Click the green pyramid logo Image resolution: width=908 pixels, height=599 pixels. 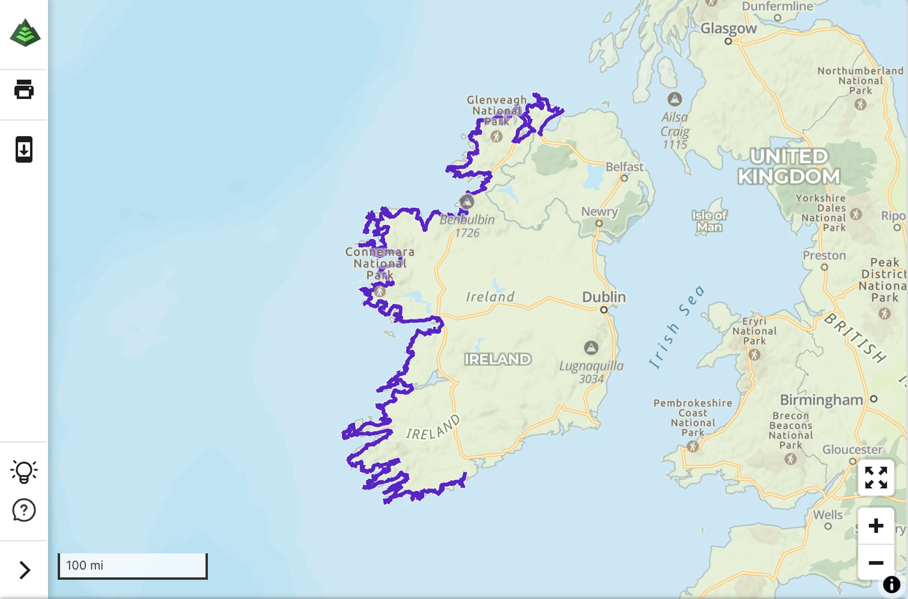point(25,33)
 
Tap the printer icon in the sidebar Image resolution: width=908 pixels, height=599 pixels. point(24,90)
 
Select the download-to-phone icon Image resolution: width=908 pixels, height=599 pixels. point(24,149)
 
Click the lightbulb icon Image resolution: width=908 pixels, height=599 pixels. point(24,471)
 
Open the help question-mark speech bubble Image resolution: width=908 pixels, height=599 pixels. point(24,510)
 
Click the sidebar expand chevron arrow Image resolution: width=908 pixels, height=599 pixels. point(25,570)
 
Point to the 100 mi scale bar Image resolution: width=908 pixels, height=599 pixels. point(132,566)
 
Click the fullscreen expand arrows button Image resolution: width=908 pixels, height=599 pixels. point(875,478)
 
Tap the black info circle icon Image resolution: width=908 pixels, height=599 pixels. point(891,585)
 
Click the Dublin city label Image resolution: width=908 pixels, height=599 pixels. point(604,297)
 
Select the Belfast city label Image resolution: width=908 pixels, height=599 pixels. point(624,167)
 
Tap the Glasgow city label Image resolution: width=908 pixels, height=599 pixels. point(728,28)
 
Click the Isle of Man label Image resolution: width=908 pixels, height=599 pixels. point(709,221)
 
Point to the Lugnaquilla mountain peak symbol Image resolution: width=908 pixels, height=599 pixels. point(591,348)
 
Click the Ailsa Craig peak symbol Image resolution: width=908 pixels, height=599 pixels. point(675,99)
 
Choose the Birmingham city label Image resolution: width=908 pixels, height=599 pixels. point(821,400)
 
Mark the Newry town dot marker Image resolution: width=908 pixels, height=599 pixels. point(599,224)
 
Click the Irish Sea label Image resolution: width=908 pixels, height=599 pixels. point(676,327)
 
